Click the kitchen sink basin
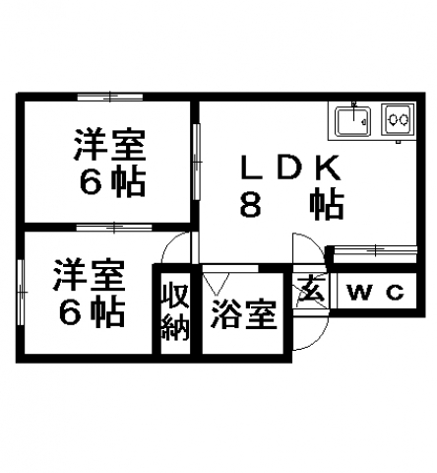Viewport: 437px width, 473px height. click(x=352, y=120)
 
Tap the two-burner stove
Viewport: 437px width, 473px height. click(x=398, y=120)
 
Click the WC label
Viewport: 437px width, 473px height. click(x=376, y=292)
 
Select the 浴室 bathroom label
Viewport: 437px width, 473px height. click(x=244, y=314)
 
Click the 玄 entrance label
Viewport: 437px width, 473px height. click(x=311, y=289)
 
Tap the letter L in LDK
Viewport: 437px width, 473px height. click(x=251, y=168)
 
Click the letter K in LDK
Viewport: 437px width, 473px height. click(x=328, y=168)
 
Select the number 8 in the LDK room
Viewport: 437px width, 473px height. click(x=250, y=205)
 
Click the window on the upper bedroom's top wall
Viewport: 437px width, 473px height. click(x=110, y=97)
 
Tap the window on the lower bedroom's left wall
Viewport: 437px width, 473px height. click(x=21, y=292)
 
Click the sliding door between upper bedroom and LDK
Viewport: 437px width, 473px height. click(x=196, y=162)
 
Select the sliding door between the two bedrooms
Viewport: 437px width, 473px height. click(x=114, y=227)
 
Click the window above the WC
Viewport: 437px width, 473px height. click(x=375, y=249)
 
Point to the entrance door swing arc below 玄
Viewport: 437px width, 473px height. click(x=320, y=341)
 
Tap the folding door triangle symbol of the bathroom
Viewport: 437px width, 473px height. click(x=216, y=284)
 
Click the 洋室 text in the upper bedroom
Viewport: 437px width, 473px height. click(x=109, y=144)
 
